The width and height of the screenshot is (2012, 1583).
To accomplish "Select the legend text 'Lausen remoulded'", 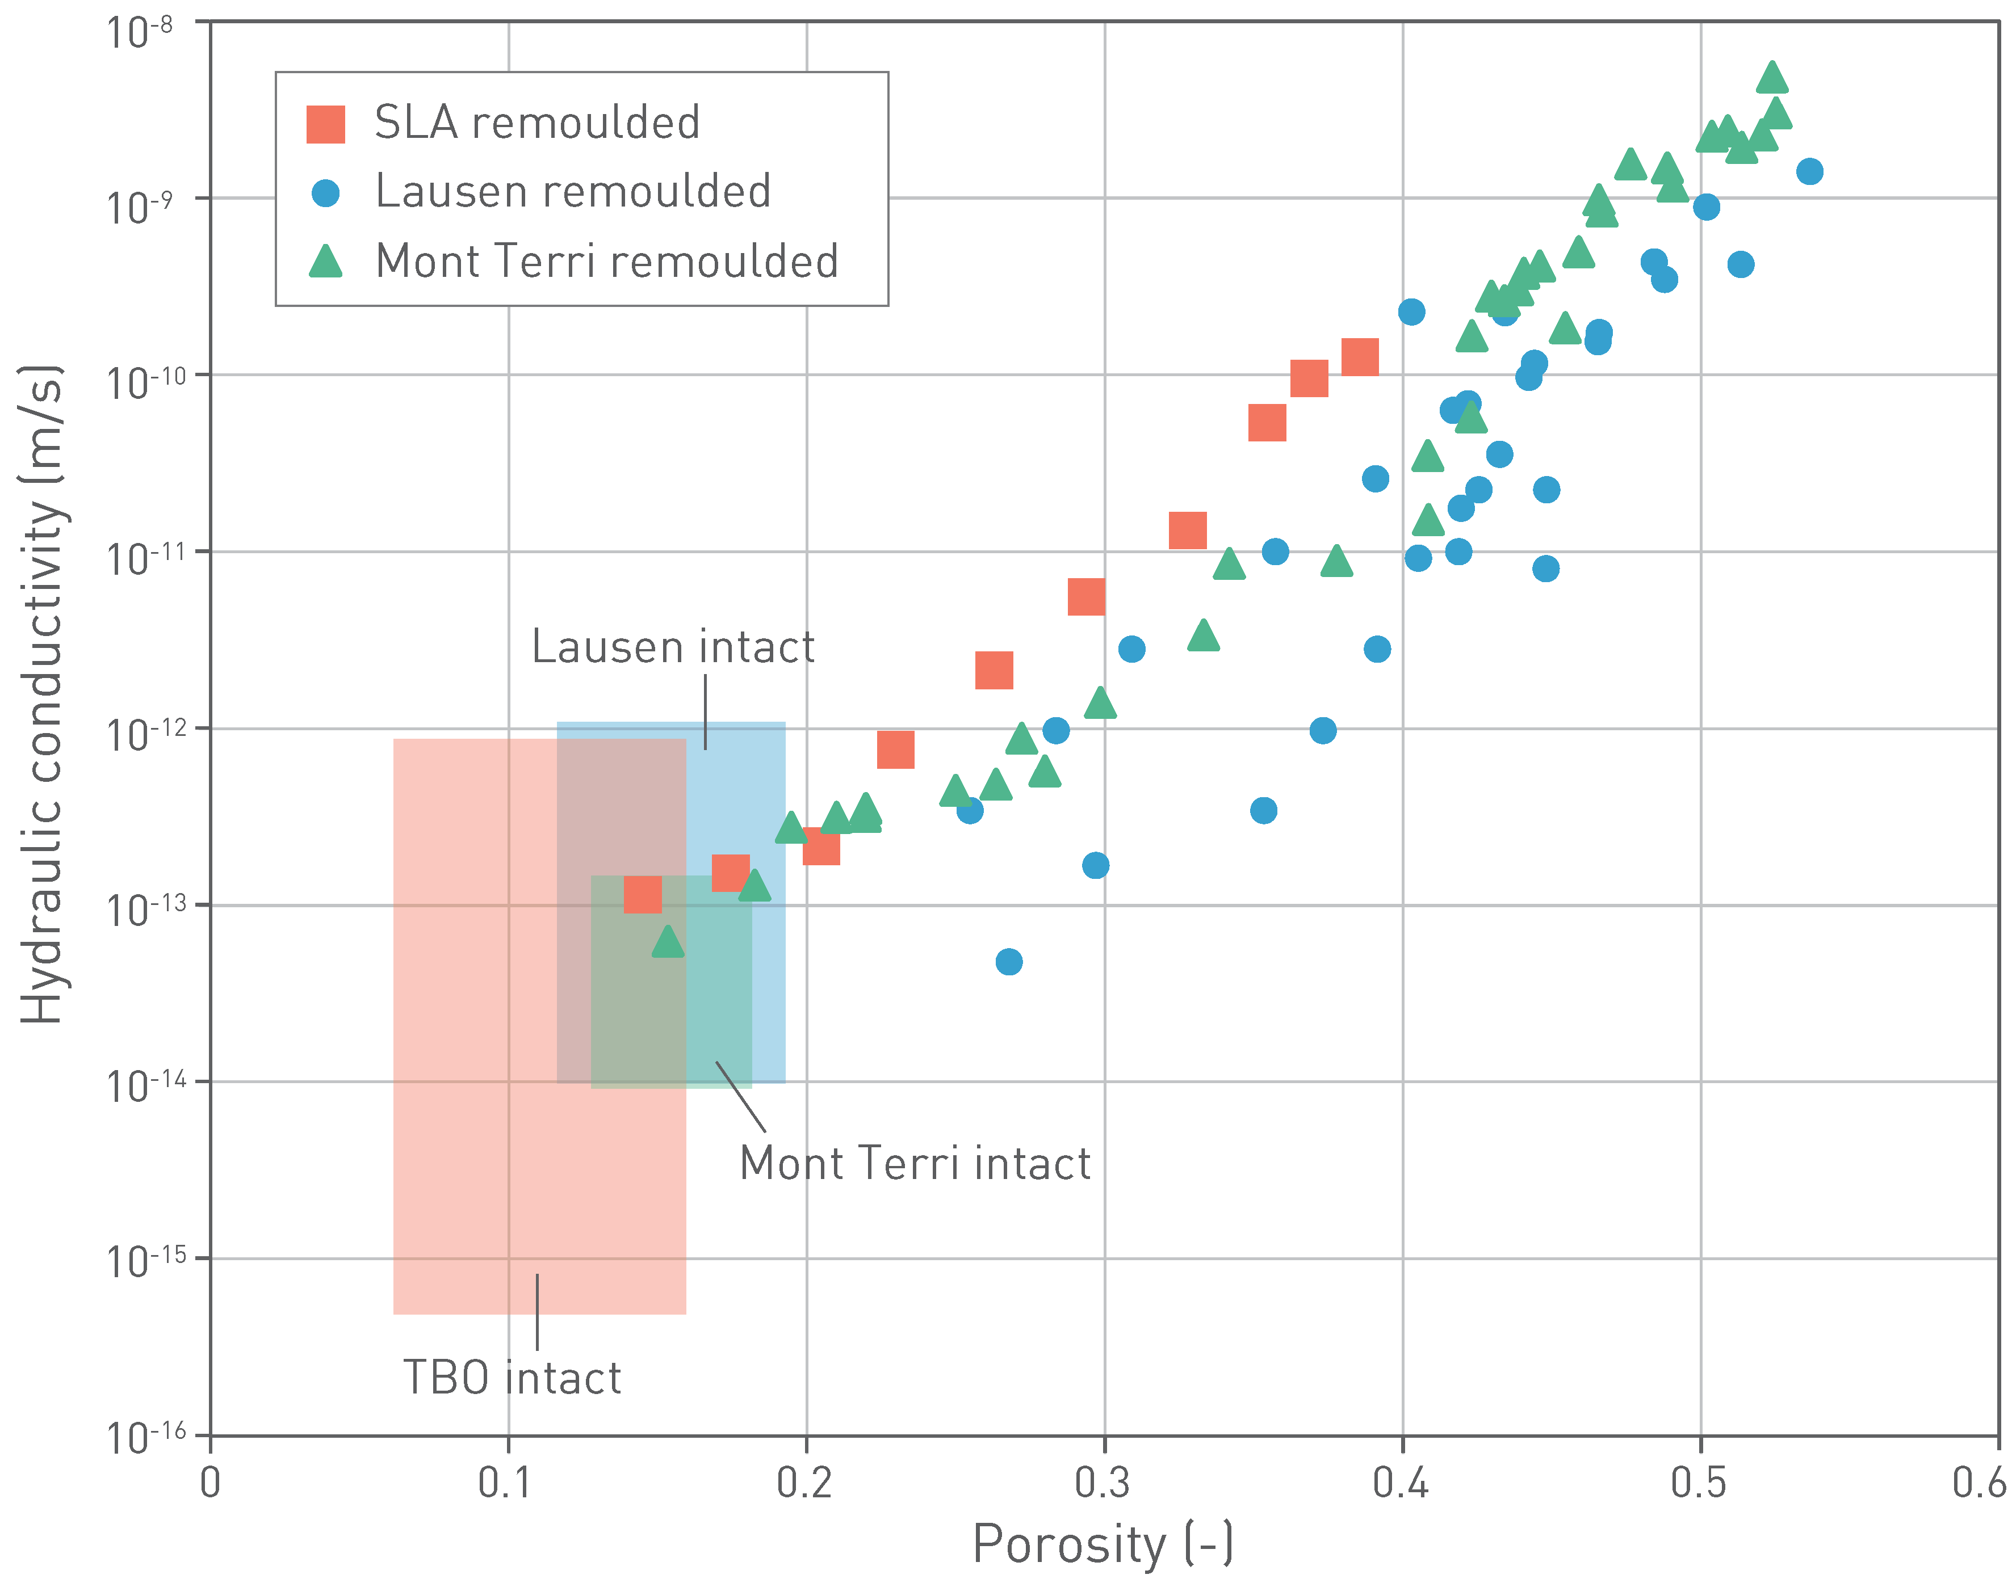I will pyautogui.click(x=572, y=192).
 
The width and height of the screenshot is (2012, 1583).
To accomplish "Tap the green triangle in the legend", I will pyautogui.click(x=325, y=262).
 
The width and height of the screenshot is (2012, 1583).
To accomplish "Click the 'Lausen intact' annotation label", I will pyautogui.click(x=672, y=647).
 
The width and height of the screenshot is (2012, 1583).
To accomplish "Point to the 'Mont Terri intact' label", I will pyautogui.click(x=914, y=1163).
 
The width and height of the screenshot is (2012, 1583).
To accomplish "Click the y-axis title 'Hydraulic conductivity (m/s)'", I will pyautogui.click(x=41, y=695).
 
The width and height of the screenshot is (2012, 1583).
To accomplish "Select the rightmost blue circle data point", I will pyautogui.click(x=1809, y=171).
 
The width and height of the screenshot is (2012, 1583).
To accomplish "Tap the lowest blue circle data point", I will pyautogui.click(x=1009, y=962).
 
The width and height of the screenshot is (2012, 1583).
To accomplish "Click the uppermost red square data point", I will pyautogui.click(x=1359, y=357).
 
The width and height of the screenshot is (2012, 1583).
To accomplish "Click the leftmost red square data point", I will pyautogui.click(x=643, y=894).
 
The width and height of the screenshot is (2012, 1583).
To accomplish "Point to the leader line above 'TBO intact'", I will pyautogui.click(x=537, y=1311).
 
